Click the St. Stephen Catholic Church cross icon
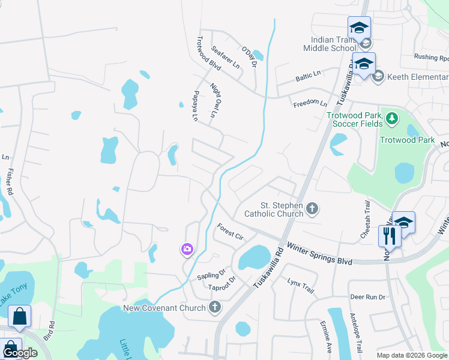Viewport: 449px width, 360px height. coord(312,209)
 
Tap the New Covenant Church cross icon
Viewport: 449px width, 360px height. coord(215,308)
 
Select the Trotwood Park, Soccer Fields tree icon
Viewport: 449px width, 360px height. coord(392,118)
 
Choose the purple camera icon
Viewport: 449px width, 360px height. coord(187,249)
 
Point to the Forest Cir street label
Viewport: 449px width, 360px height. coord(230,232)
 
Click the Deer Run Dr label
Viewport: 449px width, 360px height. coord(367,297)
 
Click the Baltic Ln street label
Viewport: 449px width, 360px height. coord(308,77)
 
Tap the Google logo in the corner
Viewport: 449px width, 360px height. coord(20,353)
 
